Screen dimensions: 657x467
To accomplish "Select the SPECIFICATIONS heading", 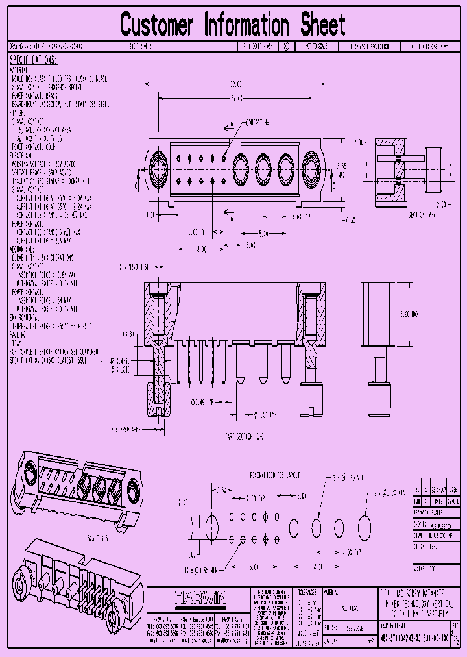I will tap(33, 60).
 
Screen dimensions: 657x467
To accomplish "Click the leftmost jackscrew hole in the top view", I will tap(158, 170).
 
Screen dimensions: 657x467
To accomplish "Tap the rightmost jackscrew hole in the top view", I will tap(309, 170).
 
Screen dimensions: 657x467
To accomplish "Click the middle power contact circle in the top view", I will tap(263, 170).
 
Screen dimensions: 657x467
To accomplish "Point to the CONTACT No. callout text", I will tap(257, 122).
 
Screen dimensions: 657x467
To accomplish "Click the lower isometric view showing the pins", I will tap(78, 571).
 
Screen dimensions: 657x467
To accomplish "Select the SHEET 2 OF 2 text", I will tap(141, 47).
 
